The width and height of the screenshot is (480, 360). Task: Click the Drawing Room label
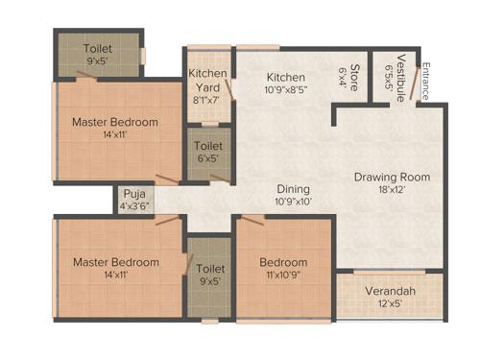[391, 177]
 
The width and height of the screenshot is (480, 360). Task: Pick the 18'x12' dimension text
[391, 190]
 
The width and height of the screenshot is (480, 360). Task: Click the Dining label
[294, 189]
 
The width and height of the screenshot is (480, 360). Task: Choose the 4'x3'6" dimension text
[133, 206]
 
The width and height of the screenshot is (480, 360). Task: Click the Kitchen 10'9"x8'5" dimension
[286, 91]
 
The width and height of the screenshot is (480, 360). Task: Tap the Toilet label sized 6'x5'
[208, 146]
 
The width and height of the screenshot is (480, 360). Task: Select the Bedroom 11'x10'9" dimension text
[283, 276]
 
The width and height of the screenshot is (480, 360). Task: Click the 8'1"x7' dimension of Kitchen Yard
[207, 98]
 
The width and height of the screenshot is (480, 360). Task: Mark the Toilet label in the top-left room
[97, 49]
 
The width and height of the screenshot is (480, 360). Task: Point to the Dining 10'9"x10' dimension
[294, 202]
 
